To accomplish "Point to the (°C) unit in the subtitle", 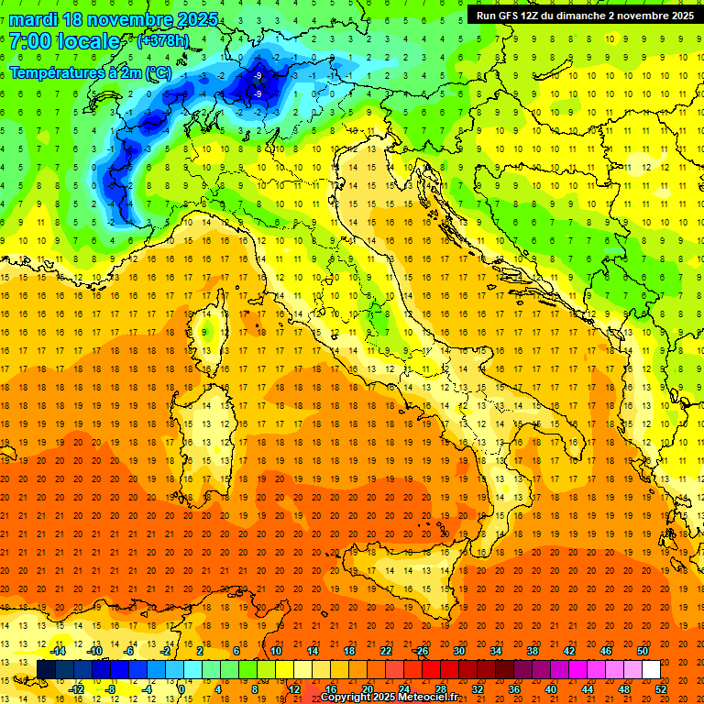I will [x=156, y=71].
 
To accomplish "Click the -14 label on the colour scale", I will [x=57, y=651].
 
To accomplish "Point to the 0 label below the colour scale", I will [x=181, y=688].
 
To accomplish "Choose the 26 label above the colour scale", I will [x=422, y=651].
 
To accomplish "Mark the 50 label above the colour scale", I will [x=643, y=651].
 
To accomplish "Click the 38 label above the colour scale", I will [x=532, y=651].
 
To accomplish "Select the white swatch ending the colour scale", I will [x=651, y=669].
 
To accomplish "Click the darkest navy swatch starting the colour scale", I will [x=46, y=669].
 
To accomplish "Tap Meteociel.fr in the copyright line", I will [x=431, y=698].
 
